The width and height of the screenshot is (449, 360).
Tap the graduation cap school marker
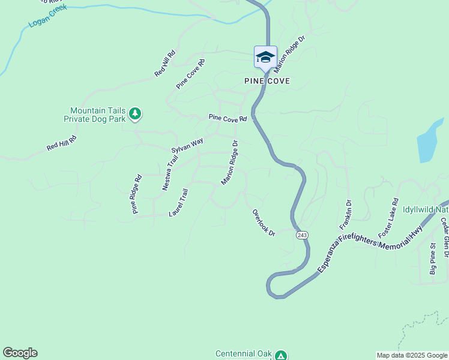click(265, 57)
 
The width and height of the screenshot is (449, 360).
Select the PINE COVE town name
click(267, 81)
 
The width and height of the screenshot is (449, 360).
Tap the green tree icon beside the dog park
click(136, 113)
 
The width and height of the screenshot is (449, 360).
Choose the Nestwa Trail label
click(171, 173)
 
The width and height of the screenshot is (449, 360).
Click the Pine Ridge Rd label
click(137, 194)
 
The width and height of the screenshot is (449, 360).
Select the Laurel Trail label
click(179, 203)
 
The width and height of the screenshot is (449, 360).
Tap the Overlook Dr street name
click(264, 222)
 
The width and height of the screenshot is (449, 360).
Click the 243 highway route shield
click(302, 235)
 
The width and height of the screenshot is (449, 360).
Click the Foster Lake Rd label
click(388, 217)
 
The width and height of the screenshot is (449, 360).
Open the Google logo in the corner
click(20, 353)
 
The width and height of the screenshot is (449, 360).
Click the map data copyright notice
click(411, 355)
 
